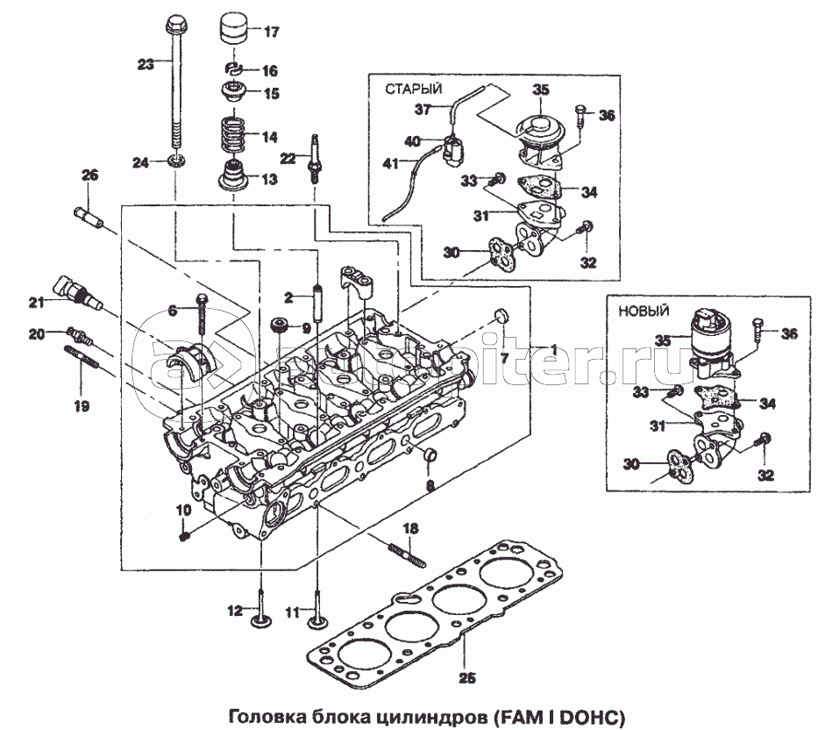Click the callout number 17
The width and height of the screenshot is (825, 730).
[x=270, y=33]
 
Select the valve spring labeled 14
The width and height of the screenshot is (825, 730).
[x=233, y=137]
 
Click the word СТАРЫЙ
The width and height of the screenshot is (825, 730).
[x=413, y=89]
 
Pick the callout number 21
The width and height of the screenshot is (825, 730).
[x=35, y=303]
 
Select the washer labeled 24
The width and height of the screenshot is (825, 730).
[x=176, y=162]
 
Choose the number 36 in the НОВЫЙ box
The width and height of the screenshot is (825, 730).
[x=790, y=333]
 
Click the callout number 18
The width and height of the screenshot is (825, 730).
[x=410, y=528]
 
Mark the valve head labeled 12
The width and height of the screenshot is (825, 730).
[x=261, y=622]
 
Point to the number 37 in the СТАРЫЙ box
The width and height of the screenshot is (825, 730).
[x=423, y=109]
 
